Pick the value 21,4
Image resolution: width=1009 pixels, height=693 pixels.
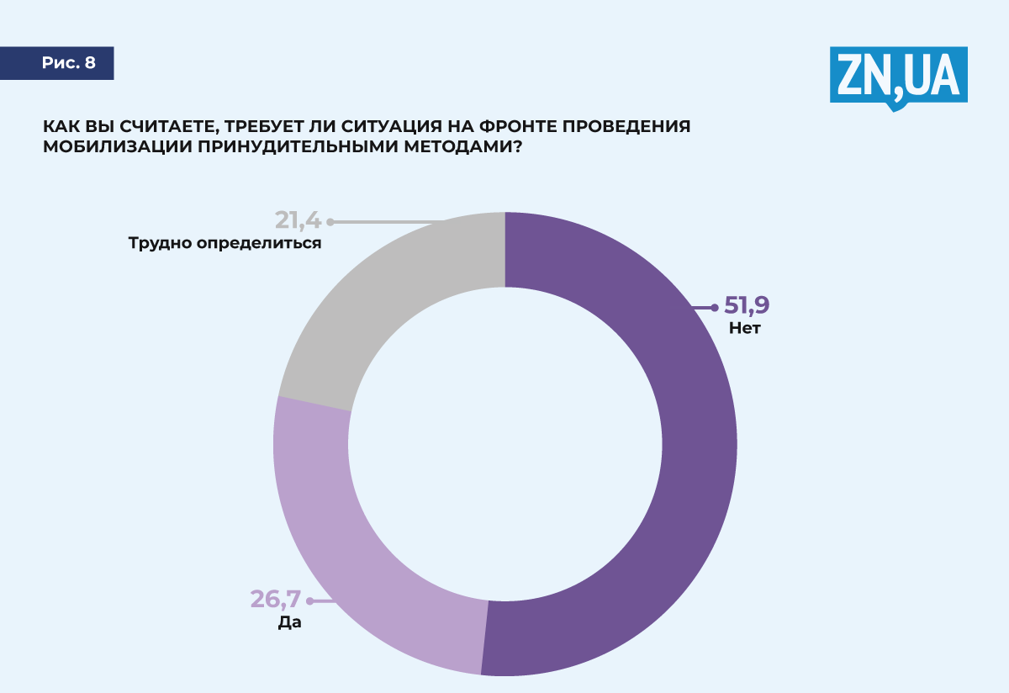pyautogui.click(x=298, y=220)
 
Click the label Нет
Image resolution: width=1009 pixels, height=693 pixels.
pyautogui.click(x=745, y=329)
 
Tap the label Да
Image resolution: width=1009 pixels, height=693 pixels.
pyautogui.click(x=289, y=623)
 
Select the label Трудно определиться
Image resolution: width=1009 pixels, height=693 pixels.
pyautogui.click(x=225, y=244)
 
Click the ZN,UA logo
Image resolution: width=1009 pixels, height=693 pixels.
pyautogui.click(x=898, y=76)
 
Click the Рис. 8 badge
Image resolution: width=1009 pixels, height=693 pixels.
pyautogui.click(x=68, y=63)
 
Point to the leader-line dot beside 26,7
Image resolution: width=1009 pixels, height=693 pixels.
pyautogui.click(x=309, y=601)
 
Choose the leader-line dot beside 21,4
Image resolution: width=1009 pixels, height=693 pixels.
pyautogui.click(x=330, y=222)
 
